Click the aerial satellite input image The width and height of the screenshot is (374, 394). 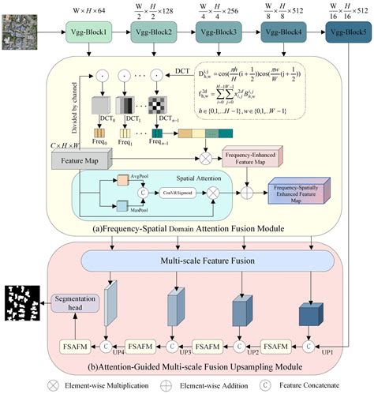click(x=19, y=36)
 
